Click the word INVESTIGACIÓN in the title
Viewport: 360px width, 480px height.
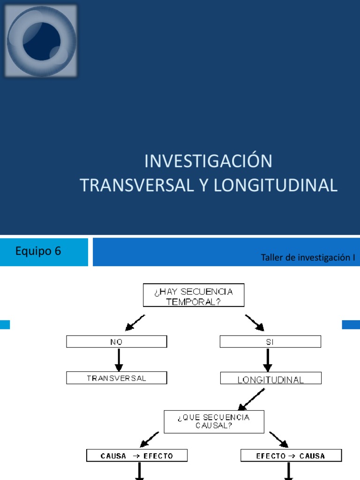[x=208, y=161]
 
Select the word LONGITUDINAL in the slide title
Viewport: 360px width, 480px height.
[x=276, y=185]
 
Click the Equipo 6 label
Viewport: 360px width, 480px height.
[x=38, y=251]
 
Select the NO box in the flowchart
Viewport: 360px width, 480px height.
[x=116, y=342]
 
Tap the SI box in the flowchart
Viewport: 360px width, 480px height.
[x=270, y=342]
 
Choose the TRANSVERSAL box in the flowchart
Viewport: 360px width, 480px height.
[x=116, y=378]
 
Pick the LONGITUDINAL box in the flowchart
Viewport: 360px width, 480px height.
[x=270, y=379]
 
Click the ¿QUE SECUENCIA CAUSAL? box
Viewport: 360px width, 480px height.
[x=214, y=421]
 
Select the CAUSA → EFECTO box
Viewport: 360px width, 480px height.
[x=137, y=455]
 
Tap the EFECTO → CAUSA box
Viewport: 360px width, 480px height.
[x=291, y=455]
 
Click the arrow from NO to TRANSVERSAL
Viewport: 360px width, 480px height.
[x=119, y=360]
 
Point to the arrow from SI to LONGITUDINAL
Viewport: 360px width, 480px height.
[x=267, y=360]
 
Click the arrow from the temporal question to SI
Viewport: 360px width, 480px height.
[x=255, y=322]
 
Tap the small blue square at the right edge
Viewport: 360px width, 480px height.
[x=351, y=324]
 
